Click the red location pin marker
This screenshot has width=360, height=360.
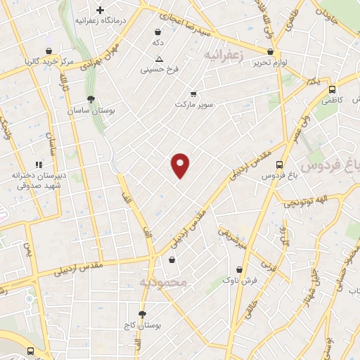tap(181, 165)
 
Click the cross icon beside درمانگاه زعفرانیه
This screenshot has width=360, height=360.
tap(101, 11)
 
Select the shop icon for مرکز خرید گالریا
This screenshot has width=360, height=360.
tap(48, 51)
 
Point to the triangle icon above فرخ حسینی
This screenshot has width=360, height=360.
tap(159, 59)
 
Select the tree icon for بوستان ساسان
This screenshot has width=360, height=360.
tap(90, 99)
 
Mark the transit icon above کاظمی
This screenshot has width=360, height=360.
tap(332, 89)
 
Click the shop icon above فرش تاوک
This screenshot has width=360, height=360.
tap(240, 269)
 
